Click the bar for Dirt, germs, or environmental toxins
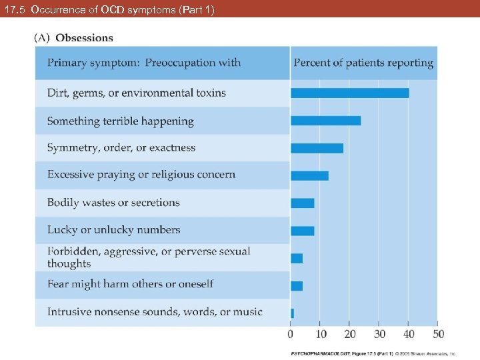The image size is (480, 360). [350, 93]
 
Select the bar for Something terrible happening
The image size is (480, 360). [326, 121]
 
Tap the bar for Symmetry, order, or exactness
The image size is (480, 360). [317, 148]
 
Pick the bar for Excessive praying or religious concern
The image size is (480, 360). [310, 175]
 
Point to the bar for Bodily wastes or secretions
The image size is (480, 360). [303, 203]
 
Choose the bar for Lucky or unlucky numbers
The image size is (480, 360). [303, 231]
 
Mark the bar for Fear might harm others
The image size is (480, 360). [297, 285]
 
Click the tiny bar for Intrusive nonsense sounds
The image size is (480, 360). [292, 313]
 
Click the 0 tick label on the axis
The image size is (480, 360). [291, 333]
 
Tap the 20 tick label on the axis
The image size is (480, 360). [350, 333]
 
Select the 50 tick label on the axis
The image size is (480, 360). [439, 333]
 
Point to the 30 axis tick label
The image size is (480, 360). [379, 333]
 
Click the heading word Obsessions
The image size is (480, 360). [85, 38]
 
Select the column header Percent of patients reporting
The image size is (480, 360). [363, 63]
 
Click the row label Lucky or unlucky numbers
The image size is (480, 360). [113, 230]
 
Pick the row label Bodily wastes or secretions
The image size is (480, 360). [113, 203]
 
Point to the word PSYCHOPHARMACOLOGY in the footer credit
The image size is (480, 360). [315, 354]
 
